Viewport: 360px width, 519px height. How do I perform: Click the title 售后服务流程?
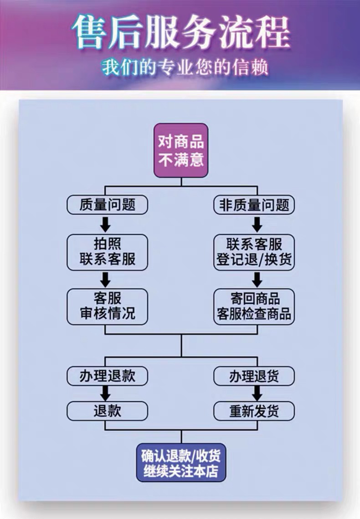click(x=180, y=32)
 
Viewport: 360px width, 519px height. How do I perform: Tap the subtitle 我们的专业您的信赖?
click(x=185, y=67)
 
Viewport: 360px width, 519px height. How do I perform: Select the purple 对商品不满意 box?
click(x=181, y=150)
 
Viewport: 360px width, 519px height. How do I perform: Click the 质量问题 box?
click(x=108, y=205)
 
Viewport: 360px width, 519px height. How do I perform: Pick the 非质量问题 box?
click(x=254, y=205)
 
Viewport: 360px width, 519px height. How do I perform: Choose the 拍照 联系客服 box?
click(x=108, y=252)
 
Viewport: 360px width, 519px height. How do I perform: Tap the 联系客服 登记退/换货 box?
click(x=254, y=252)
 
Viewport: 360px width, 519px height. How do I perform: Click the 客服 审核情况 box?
click(x=108, y=306)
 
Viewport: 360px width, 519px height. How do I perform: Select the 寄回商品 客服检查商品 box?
click(x=254, y=306)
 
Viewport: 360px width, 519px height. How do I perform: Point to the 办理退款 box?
click(x=108, y=376)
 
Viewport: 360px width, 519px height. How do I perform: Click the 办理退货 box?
click(x=254, y=376)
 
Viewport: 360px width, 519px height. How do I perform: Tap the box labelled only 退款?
click(x=108, y=411)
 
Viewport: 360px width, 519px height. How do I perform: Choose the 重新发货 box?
click(x=254, y=411)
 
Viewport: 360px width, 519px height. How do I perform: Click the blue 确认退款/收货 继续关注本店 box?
click(x=181, y=462)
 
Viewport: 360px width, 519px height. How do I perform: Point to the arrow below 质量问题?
click(x=106, y=224)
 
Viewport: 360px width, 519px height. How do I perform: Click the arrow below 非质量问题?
click(x=257, y=224)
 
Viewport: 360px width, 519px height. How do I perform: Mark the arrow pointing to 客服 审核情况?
click(x=106, y=279)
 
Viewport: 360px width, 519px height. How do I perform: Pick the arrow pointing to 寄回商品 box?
click(x=257, y=279)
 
